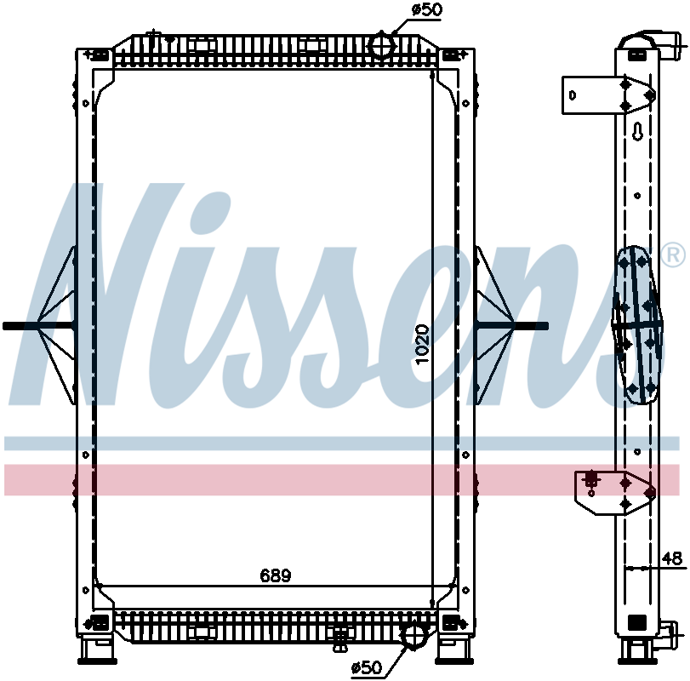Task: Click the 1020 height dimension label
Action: [423, 343]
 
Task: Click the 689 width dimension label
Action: [276, 575]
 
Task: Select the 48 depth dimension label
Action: [672, 558]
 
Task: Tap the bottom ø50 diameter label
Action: [368, 667]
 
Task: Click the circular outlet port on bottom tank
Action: [413, 635]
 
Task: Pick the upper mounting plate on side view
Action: [606, 94]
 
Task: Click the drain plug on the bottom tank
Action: [342, 635]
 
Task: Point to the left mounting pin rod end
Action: [10, 325]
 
